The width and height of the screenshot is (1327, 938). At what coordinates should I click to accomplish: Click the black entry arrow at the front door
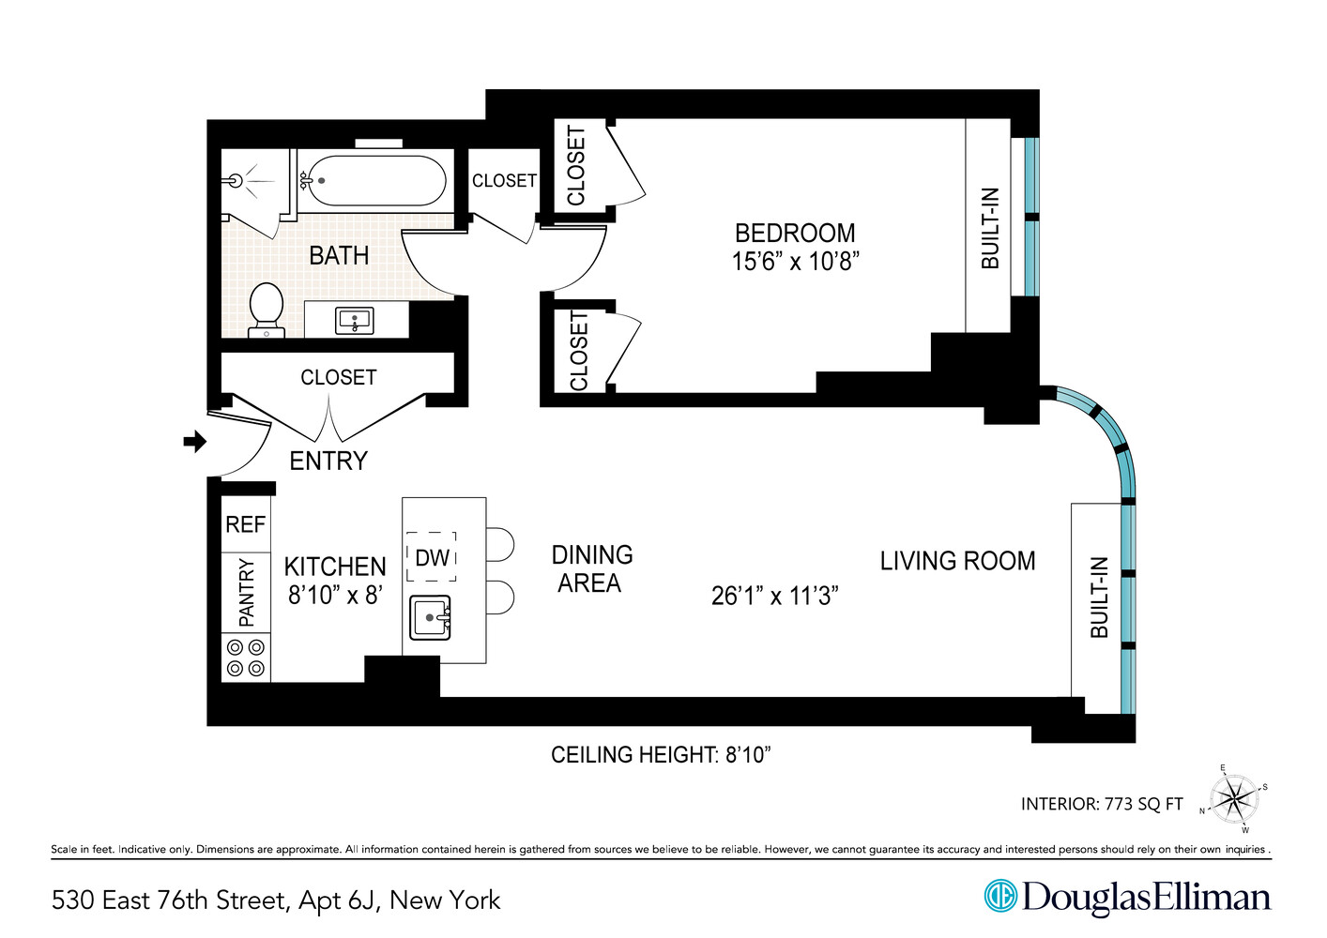tap(194, 441)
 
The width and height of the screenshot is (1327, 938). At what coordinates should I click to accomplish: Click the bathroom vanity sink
tap(355, 321)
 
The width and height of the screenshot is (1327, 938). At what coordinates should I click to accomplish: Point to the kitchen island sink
tap(431, 617)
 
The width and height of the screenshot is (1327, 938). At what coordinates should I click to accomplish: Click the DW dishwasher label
tap(432, 558)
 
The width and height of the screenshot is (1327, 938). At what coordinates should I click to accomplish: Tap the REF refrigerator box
tap(245, 524)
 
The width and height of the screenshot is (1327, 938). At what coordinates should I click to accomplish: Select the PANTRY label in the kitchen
tap(246, 592)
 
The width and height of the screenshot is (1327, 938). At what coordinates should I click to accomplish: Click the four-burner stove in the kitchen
tap(246, 658)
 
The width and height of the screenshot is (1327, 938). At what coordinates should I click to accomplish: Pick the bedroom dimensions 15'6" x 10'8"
tap(795, 262)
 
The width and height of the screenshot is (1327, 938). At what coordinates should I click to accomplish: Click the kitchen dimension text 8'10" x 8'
tap(335, 595)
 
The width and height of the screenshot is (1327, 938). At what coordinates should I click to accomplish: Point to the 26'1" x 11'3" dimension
tap(774, 596)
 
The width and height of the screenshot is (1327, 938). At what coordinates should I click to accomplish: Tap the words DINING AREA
tap(591, 568)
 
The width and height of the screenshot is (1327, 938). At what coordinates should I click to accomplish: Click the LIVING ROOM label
tap(957, 561)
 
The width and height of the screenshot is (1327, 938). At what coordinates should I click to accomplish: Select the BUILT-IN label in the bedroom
tap(990, 228)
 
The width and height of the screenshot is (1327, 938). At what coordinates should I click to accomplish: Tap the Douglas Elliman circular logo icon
tap(1000, 896)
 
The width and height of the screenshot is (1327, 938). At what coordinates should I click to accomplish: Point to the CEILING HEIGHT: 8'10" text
tap(661, 754)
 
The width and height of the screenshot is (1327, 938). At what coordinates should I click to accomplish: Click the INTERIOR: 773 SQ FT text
tap(1102, 804)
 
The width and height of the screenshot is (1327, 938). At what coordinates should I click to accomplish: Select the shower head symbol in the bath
tap(236, 180)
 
